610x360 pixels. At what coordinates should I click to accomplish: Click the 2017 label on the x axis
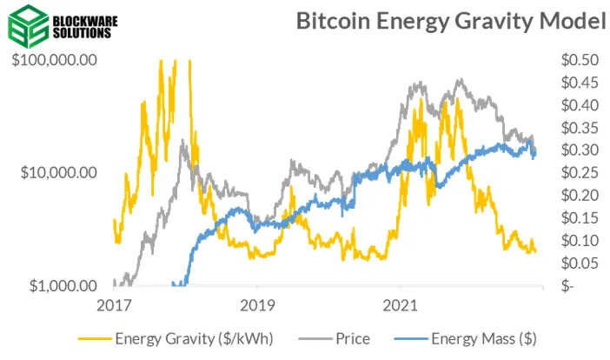click(114, 305)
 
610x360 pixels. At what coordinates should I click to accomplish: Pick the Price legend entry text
click(352, 338)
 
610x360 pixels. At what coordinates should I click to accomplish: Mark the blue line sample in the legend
click(413, 338)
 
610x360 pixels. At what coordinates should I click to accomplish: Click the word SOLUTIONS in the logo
click(80, 32)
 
